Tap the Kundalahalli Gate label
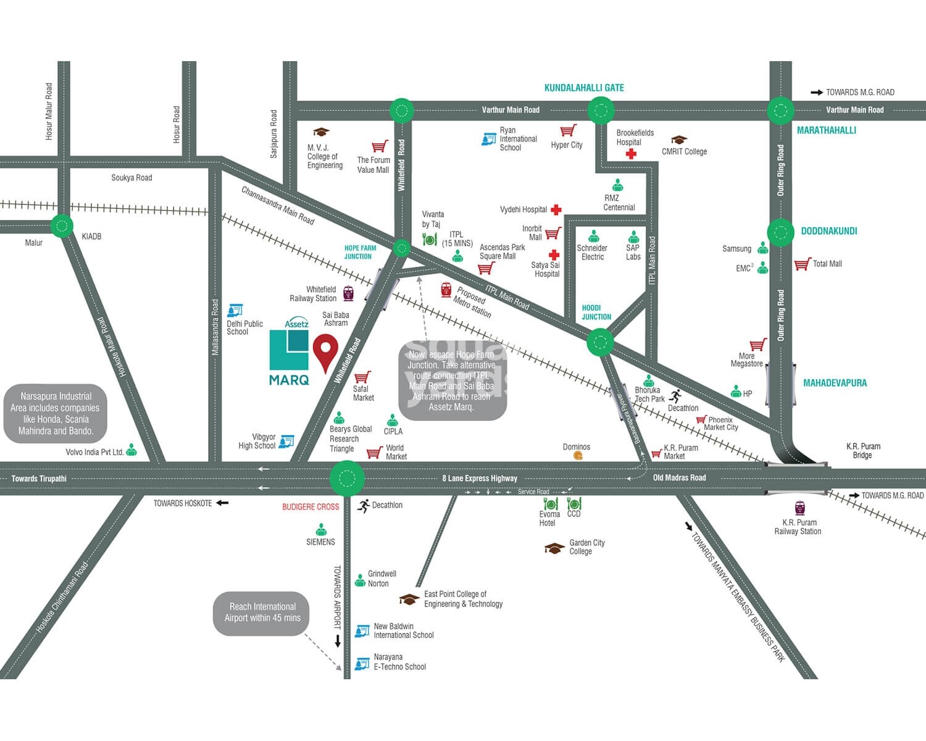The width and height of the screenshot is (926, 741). (583, 88)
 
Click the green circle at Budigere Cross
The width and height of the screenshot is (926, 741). (347, 479)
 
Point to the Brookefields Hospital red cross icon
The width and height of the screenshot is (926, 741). (630, 154)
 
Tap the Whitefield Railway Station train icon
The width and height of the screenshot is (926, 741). (348, 293)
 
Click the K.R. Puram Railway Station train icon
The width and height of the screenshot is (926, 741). (800, 508)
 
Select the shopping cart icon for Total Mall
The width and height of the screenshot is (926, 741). (802, 264)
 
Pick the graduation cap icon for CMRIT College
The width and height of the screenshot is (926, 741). (678, 140)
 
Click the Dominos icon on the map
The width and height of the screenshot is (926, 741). (578, 456)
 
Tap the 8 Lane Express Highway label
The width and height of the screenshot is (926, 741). (480, 479)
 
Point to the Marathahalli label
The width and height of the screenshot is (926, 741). (826, 130)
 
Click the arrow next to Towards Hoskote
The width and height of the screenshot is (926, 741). (222, 503)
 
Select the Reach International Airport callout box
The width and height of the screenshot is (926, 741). (261, 613)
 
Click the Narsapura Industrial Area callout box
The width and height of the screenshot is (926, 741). (56, 414)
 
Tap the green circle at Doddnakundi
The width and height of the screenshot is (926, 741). (780, 232)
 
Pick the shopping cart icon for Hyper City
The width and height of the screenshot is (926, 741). (568, 131)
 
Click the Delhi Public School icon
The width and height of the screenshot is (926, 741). (235, 311)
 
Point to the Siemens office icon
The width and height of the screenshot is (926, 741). (321, 530)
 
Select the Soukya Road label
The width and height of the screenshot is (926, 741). (131, 178)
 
